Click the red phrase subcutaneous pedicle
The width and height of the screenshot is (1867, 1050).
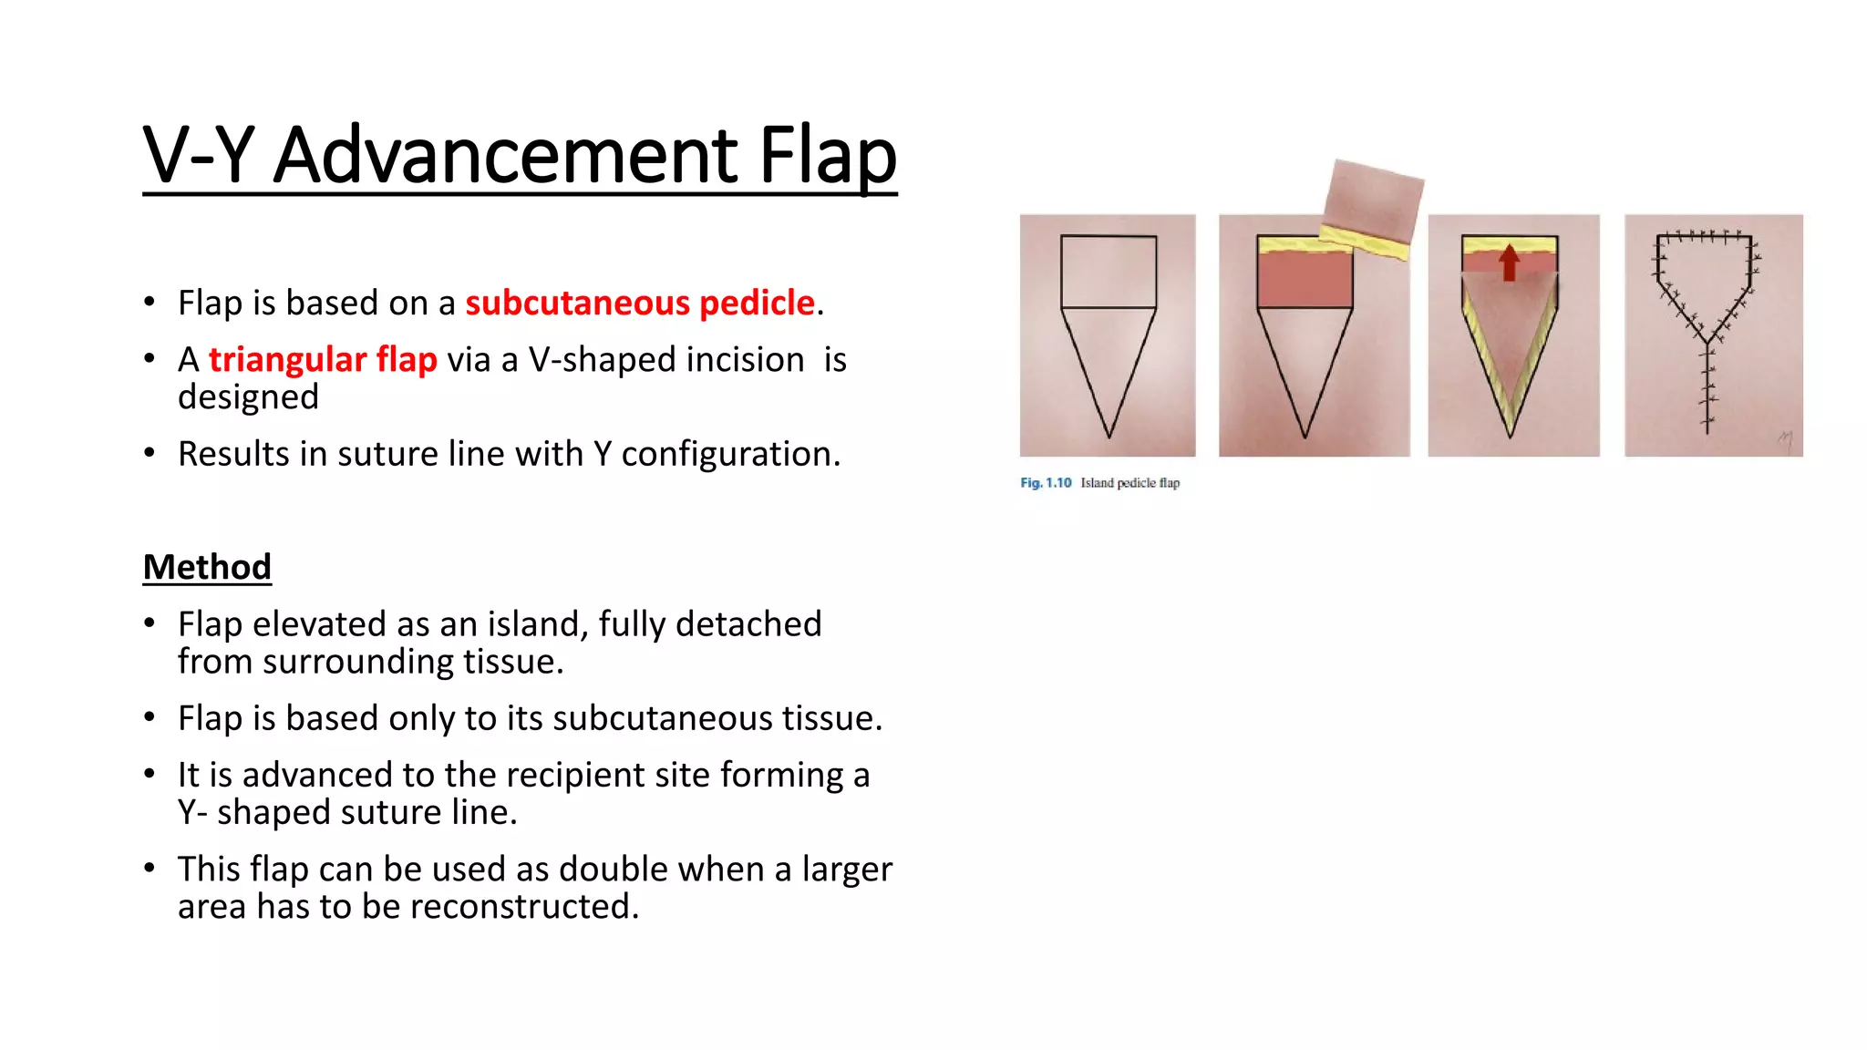pos(639,303)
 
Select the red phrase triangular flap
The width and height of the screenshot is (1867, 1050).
pos(323,359)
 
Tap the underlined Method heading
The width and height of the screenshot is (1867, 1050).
pos(207,567)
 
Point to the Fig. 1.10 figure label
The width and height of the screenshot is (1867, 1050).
pos(1046,483)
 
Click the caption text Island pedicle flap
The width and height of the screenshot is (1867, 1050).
pos(1130,483)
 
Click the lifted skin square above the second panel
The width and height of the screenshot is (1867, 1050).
pos(1373,199)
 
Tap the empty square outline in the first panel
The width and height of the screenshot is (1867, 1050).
pos(1109,272)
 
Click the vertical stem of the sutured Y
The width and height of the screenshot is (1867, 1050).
pos(1707,387)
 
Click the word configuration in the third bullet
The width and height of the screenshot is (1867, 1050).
pos(729,454)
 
